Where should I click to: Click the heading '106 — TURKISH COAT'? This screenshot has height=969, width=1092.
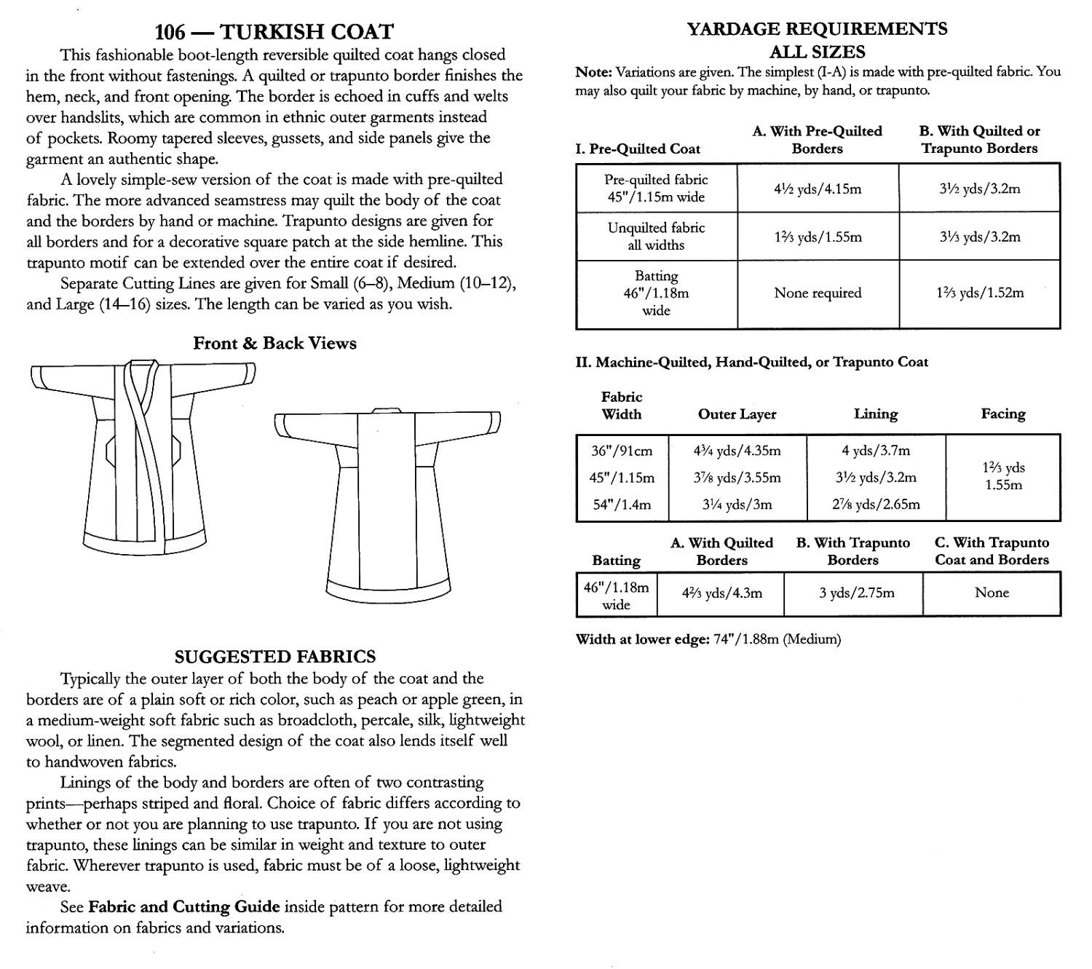pos(274,32)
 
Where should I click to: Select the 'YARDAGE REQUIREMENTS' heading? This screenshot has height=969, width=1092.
pos(817,29)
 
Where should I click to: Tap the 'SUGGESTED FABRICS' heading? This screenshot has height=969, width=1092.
pos(275,656)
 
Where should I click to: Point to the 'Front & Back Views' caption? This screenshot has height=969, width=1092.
pos(274,343)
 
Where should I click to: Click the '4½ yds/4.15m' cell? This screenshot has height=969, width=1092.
pos(818,189)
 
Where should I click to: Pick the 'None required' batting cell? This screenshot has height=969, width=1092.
pos(818,293)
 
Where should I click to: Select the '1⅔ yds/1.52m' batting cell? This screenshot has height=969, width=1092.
pos(980,293)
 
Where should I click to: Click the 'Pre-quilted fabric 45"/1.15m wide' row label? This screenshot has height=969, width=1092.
pos(656,188)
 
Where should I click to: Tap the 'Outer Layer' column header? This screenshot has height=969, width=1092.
pos(737,414)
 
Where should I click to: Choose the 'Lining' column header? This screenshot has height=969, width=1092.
pos(875,414)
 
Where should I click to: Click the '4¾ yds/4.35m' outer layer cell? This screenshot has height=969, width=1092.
pos(737,451)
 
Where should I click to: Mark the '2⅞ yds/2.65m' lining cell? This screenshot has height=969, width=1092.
pos(876,505)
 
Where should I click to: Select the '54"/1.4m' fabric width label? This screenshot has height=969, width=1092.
pos(622,505)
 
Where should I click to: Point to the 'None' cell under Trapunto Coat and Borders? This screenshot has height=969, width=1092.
pos(992,593)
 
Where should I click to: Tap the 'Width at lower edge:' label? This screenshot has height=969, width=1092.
pos(641,639)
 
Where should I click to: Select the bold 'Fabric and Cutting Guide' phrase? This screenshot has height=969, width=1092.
pos(183,906)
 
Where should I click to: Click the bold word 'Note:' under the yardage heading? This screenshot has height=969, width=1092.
pos(593,72)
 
